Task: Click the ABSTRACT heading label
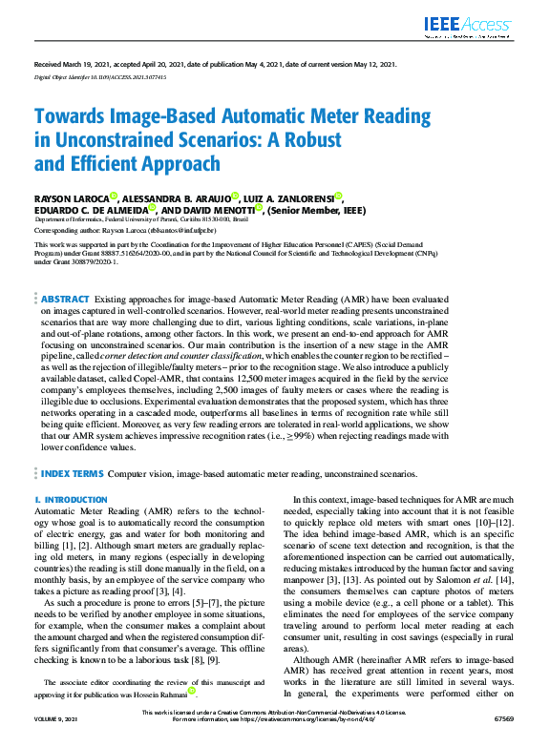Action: point(66,300)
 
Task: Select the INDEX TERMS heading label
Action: point(72,472)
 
